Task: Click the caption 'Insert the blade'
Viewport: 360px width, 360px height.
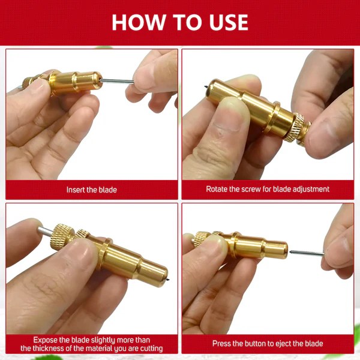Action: tap(92, 190)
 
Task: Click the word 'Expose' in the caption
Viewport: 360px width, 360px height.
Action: tap(45, 340)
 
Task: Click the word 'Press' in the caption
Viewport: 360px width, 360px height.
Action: tap(221, 343)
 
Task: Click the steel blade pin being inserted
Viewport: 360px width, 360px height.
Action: tap(116, 81)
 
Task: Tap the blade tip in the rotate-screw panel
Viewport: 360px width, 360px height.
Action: tap(206, 87)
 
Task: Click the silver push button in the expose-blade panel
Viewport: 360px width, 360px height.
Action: tap(46, 231)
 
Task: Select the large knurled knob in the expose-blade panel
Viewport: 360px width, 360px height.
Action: tap(62, 239)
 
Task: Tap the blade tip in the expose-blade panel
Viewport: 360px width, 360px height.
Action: tap(168, 280)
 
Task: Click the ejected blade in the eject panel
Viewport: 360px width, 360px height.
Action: tap(307, 253)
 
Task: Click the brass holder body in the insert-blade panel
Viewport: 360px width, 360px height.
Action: tap(76, 83)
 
